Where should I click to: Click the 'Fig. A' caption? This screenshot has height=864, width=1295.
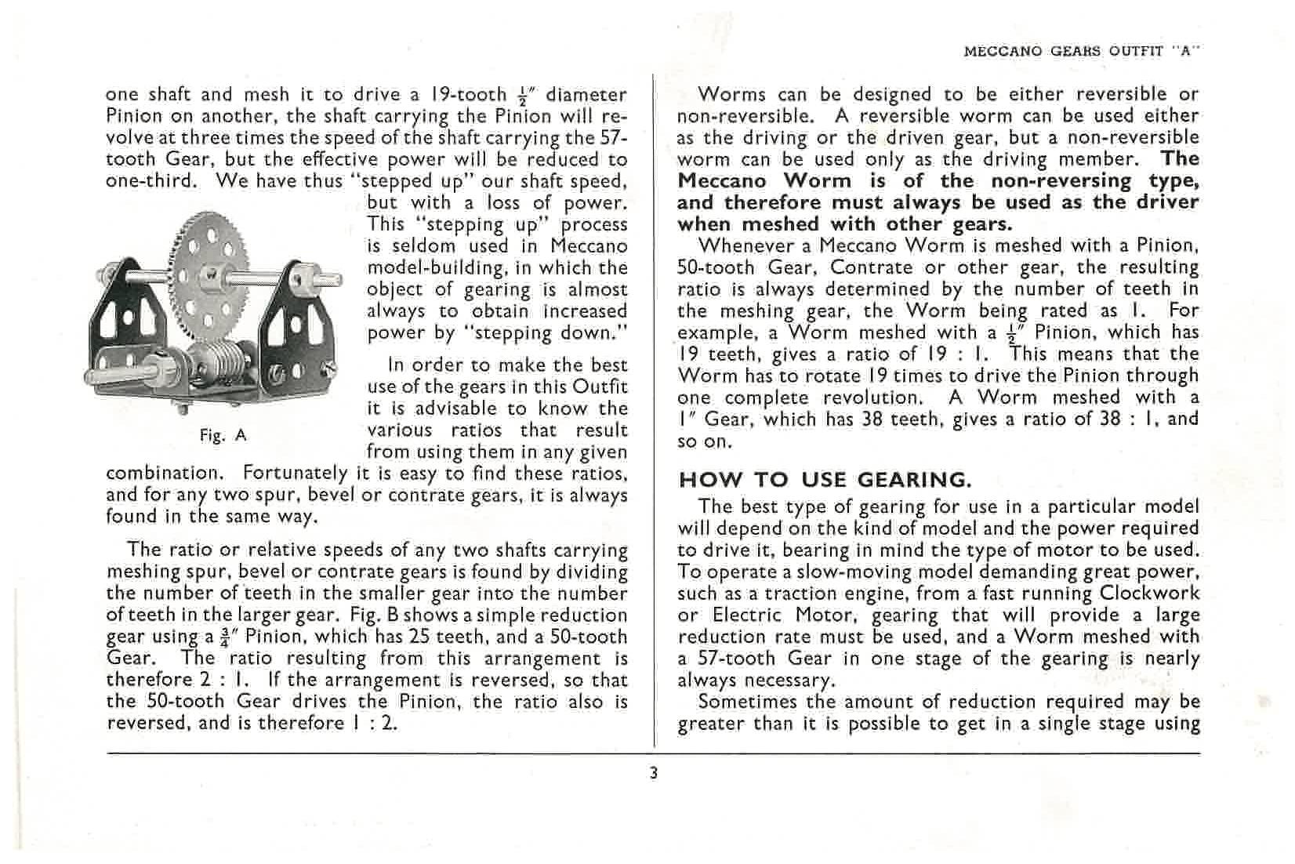pos(223,436)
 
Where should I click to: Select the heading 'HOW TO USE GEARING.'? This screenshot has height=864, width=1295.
pos(825,480)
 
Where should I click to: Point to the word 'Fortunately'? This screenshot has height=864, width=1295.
pos(295,474)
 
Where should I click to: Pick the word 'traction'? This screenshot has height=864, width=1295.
pos(791,594)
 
